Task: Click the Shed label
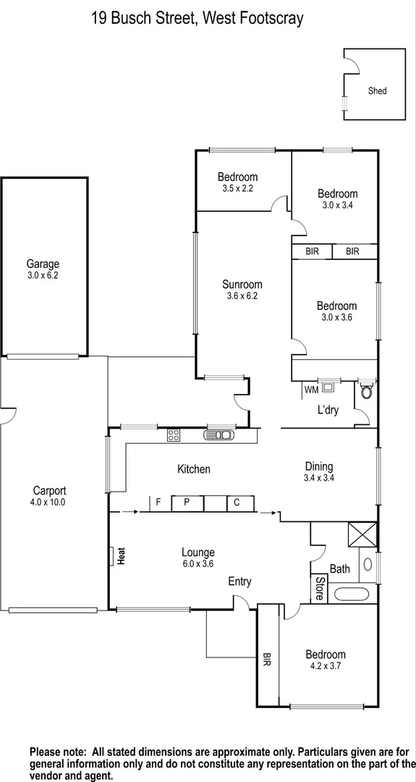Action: pos(377,91)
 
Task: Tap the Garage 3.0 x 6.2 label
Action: pos(43,269)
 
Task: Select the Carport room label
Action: pos(49,489)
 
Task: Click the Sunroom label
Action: pos(242,285)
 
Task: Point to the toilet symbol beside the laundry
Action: pos(366,391)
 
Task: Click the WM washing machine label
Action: pos(311,390)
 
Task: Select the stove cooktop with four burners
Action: pos(174,435)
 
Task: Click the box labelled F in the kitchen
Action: pos(157,503)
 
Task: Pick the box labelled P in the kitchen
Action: pos(187,503)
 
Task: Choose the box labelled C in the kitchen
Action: pos(236,503)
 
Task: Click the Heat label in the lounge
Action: pos(122,556)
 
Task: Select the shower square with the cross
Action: pos(362,534)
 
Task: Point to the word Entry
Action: pos(240,581)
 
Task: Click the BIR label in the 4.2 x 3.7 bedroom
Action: pos(266,660)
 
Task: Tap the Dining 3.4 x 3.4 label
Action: pos(318,472)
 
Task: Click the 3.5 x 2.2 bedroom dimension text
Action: pos(237,188)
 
